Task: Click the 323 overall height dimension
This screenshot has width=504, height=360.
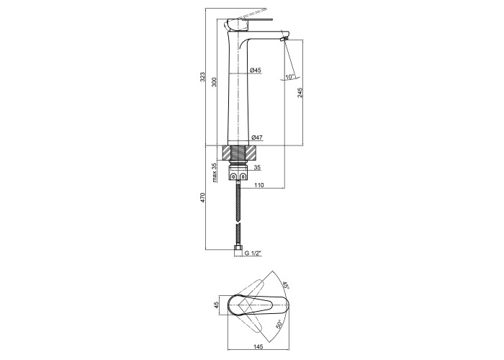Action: point(202,77)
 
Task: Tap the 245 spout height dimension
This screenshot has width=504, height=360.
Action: point(300,93)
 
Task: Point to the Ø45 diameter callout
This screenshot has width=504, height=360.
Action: point(256,70)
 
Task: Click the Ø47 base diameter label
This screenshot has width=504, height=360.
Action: point(257,138)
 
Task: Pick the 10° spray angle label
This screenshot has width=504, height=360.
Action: point(290,77)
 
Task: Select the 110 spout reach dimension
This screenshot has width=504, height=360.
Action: point(259,185)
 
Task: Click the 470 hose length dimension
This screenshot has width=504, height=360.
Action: point(202,197)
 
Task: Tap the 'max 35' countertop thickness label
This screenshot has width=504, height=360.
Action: point(215,173)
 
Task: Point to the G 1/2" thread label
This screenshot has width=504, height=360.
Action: point(253,253)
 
